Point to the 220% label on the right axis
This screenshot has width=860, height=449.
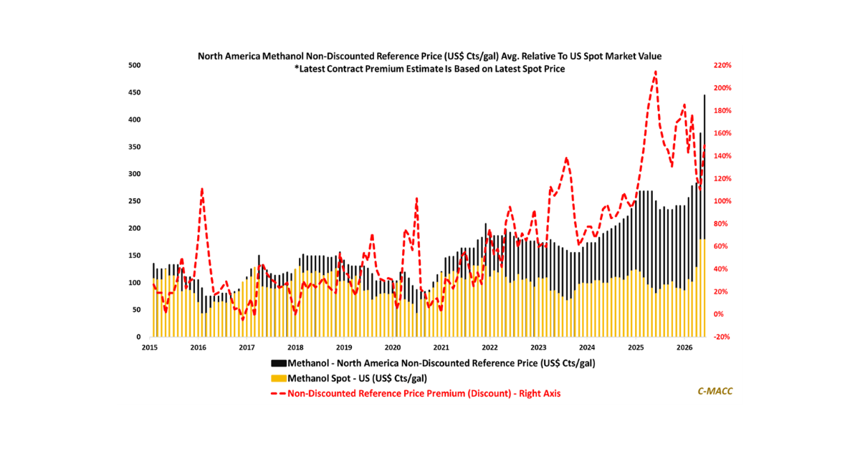pyautogui.click(x=721, y=65)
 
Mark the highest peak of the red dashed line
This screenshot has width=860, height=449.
pyautogui.click(x=656, y=72)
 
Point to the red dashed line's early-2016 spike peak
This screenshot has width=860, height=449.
pyautogui.click(x=202, y=189)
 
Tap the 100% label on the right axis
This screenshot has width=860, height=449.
pyautogui.click(x=721, y=201)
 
